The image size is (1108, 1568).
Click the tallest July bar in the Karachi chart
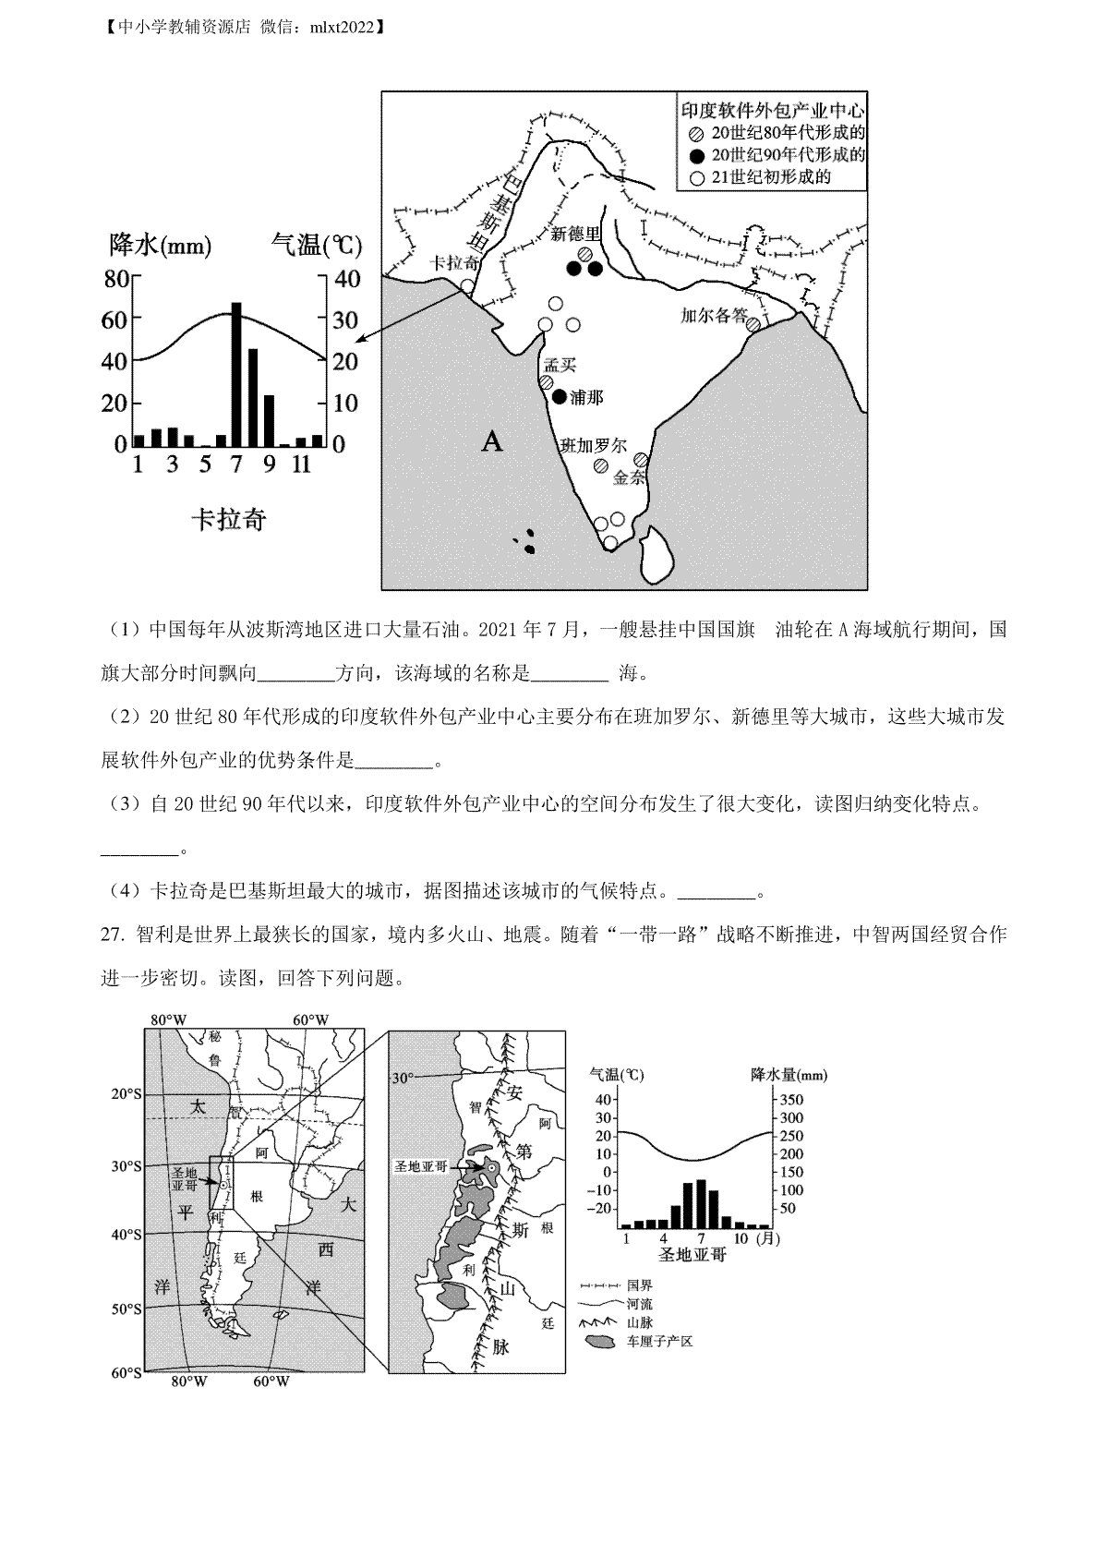(x=236, y=374)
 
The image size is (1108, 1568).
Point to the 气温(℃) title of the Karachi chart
(x=316, y=245)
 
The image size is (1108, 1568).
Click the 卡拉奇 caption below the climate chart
(x=228, y=520)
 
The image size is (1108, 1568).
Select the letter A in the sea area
(x=492, y=442)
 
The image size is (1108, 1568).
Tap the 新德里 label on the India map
(x=575, y=235)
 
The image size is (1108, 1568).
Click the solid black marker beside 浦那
(x=560, y=397)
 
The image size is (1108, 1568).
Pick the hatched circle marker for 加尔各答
(x=753, y=324)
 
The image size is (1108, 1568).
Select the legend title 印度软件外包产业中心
(x=772, y=109)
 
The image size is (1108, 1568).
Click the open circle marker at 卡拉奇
(x=468, y=286)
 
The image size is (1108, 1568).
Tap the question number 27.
(x=112, y=935)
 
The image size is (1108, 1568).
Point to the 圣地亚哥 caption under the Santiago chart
(x=692, y=1255)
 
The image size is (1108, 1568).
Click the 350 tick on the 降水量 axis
(x=792, y=1100)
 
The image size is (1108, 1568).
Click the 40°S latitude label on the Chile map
(x=126, y=1235)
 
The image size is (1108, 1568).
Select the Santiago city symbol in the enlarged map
(x=493, y=1169)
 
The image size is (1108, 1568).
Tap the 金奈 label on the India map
(x=628, y=478)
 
